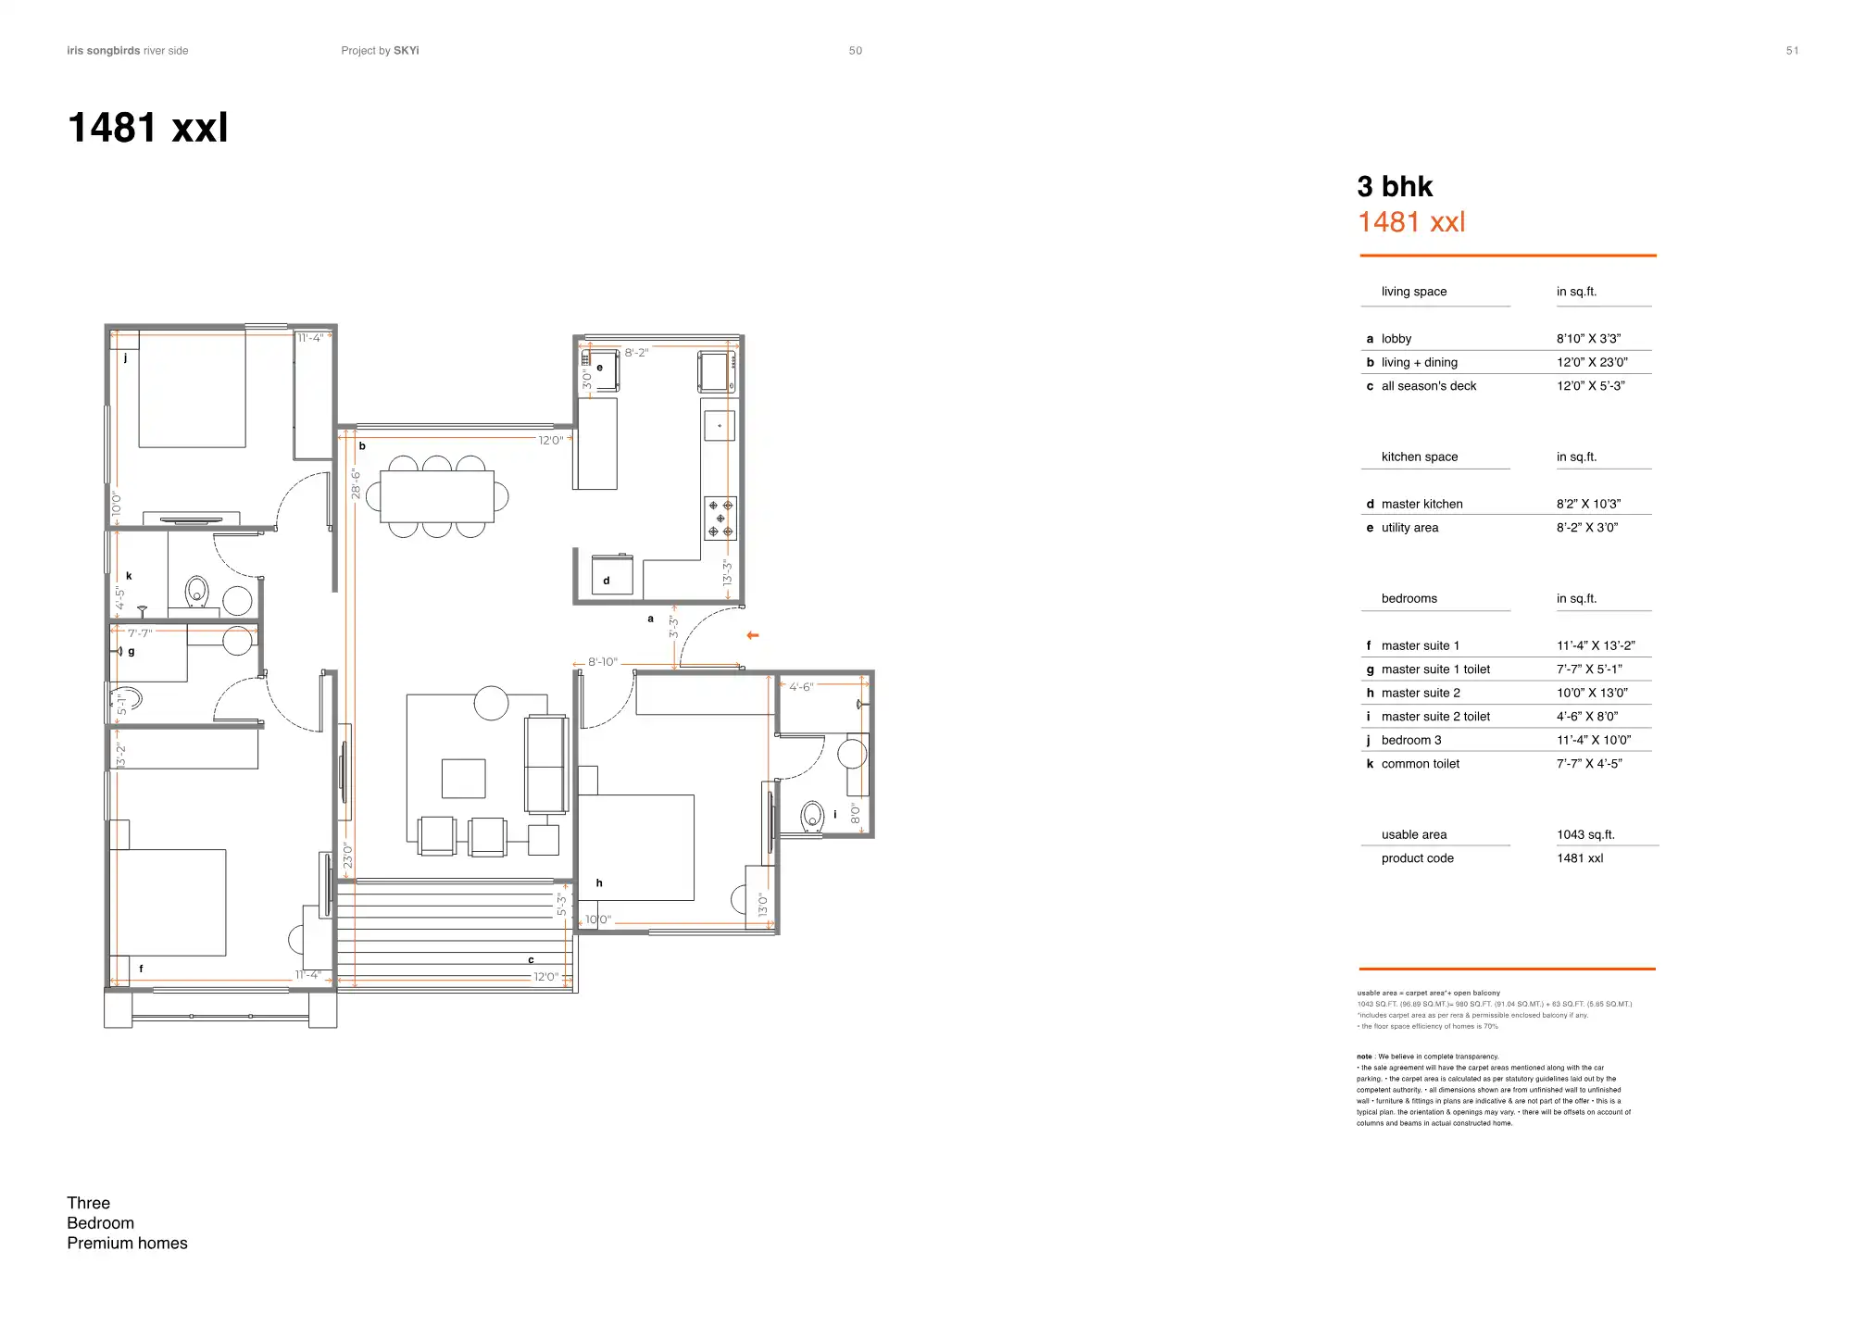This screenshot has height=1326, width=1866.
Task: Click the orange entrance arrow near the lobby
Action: [753, 635]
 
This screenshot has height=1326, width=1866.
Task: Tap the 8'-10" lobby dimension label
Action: [603, 662]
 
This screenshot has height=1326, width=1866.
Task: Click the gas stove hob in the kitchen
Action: [720, 519]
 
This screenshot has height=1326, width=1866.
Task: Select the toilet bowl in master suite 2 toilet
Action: [812, 817]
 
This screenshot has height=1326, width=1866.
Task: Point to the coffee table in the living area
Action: [463, 778]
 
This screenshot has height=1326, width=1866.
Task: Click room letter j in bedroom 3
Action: [125, 357]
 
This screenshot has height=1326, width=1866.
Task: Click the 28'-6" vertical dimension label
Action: [357, 483]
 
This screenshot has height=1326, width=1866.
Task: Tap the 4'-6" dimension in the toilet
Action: [801, 687]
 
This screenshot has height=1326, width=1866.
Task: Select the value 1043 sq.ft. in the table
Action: [1585, 834]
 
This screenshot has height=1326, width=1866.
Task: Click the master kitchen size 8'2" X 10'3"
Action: [1588, 504]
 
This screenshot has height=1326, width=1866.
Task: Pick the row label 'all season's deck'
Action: [1428, 386]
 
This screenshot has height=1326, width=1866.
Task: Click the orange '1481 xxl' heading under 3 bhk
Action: [1411, 222]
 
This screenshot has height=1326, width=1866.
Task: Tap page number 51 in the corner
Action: [1792, 51]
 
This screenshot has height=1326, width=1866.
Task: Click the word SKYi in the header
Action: [407, 51]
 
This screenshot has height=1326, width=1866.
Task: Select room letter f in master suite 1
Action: [141, 969]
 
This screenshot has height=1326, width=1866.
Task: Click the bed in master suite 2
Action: [636, 846]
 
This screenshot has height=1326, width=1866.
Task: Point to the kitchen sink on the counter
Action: [720, 426]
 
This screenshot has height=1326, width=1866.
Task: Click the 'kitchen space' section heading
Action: [1419, 457]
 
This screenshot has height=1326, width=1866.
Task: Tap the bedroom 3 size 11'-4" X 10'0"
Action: [1593, 740]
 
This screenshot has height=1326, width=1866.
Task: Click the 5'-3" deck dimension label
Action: [561, 905]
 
